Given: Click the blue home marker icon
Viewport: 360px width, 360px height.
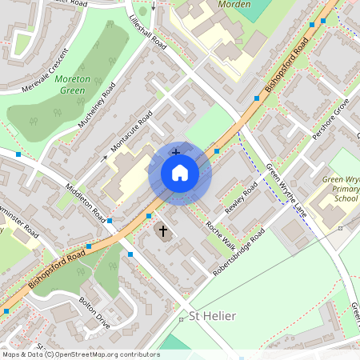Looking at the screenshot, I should pyautogui.click(x=180, y=173).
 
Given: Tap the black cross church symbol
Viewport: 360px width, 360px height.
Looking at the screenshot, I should pyautogui.click(x=163, y=231).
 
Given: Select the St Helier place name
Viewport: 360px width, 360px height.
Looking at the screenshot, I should pyautogui.click(x=212, y=316).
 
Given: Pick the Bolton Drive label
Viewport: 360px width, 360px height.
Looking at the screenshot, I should pyautogui.click(x=94, y=314).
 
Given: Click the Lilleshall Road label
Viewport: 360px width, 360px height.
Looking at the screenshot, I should pyautogui.click(x=148, y=30).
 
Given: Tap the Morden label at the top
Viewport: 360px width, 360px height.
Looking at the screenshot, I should pyautogui.click(x=234, y=4).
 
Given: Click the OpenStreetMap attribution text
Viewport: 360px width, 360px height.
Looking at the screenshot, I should pyautogui.click(x=80, y=354).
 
